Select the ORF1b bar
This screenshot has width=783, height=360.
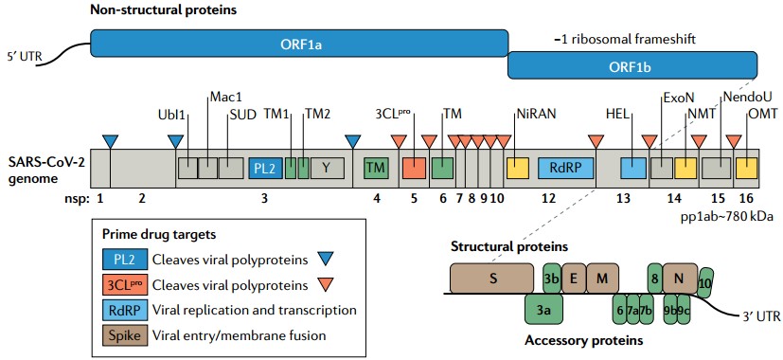632,65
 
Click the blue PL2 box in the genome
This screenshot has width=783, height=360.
265,168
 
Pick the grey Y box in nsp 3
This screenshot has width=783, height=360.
327,168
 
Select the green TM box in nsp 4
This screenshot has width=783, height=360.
377,168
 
